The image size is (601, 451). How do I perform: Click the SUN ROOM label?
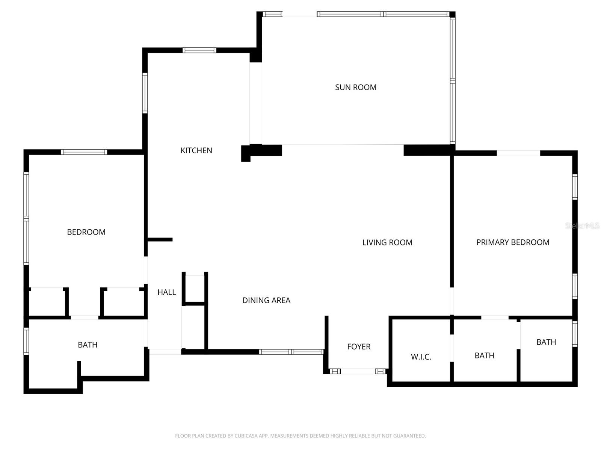(x=355, y=87)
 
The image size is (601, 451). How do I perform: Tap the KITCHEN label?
(x=196, y=150)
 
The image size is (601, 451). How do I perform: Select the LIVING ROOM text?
(x=387, y=242)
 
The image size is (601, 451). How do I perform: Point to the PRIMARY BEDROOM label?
(x=513, y=242)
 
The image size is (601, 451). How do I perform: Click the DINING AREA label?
(x=266, y=300)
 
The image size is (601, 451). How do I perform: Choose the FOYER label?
(x=359, y=347)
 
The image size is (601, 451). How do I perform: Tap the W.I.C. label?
(x=421, y=357)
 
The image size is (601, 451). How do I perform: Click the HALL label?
(x=166, y=292)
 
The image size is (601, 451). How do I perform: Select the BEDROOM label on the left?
(x=86, y=232)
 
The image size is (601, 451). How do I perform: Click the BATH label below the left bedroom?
(x=88, y=345)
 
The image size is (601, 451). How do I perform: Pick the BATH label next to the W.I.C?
(x=484, y=356)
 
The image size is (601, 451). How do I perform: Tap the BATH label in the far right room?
(x=546, y=342)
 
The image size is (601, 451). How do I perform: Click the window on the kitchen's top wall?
(x=199, y=50)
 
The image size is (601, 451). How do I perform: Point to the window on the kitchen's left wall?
(x=145, y=93)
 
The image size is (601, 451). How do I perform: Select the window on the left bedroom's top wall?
(x=84, y=152)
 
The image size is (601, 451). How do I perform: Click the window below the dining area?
(x=291, y=352)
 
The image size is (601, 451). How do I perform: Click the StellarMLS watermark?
(x=582, y=225)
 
